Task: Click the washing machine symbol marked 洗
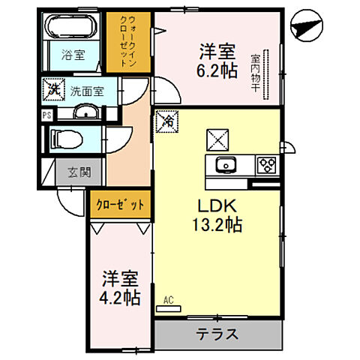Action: coord(53,88)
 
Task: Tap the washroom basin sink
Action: coord(84,113)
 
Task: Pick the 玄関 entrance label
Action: coord(79,172)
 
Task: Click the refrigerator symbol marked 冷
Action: coord(168,120)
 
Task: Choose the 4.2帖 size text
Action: coord(121,298)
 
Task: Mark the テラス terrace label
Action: coord(217,334)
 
